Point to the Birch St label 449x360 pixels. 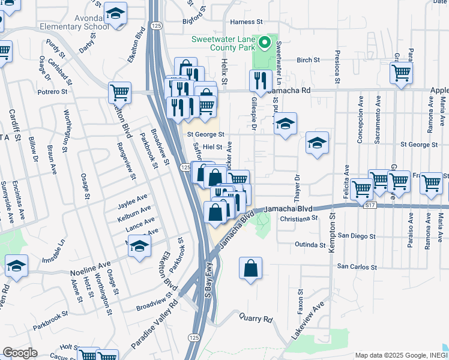pyautogui.click(x=308, y=60)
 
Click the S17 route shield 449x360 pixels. pyautogui.click(x=372, y=205)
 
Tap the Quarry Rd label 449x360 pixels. pyautogui.click(x=256, y=319)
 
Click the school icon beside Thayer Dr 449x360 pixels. pyautogui.click(x=317, y=143)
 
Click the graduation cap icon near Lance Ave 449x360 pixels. pyautogui.click(x=139, y=246)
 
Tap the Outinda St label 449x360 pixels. pyautogui.click(x=309, y=245)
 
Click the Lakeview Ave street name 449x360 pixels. pyautogui.click(x=307, y=321)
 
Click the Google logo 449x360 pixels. pyautogui.click(x=20, y=353)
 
